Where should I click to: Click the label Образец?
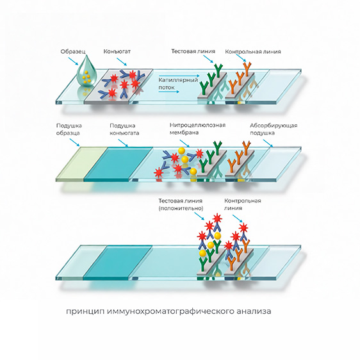(x=73, y=52)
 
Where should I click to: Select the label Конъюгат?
(x=117, y=51)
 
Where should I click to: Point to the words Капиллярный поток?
(x=178, y=83)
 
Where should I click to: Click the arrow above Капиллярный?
(x=179, y=76)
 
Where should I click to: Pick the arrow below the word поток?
(x=168, y=92)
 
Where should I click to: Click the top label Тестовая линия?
(x=193, y=51)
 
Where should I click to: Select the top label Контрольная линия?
(x=253, y=52)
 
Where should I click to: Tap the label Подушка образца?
(x=69, y=129)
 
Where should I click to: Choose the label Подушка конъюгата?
(x=124, y=129)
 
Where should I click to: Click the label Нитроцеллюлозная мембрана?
(x=197, y=129)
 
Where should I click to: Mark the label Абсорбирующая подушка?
(x=274, y=129)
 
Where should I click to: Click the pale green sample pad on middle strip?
(x=81, y=164)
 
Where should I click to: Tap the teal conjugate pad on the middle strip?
(x=118, y=164)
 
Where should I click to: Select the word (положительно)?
(x=181, y=208)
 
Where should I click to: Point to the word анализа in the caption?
(x=254, y=311)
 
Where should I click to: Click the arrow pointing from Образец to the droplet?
(x=73, y=61)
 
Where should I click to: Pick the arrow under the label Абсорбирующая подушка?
(x=268, y=143)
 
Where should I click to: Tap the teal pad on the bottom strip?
(x=118, y=263)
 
